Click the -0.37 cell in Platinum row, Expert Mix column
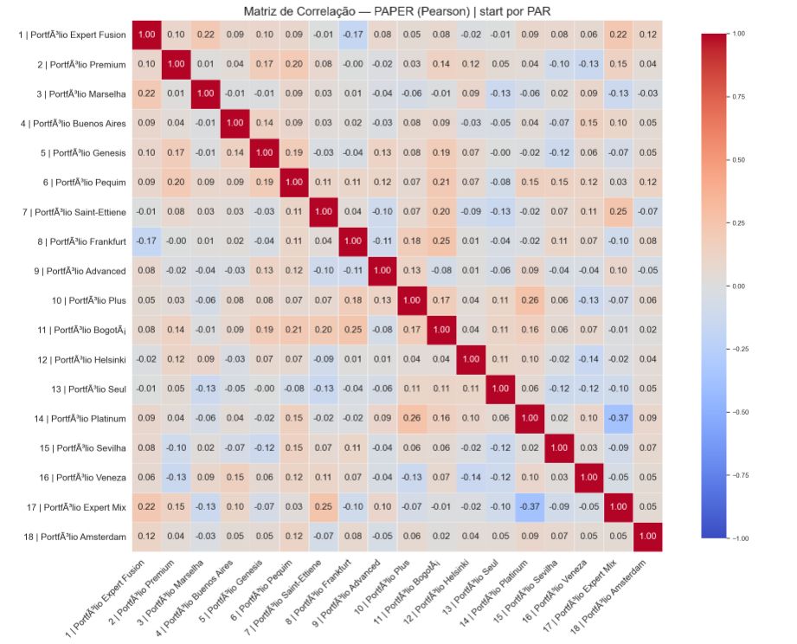click(x=618, y=419)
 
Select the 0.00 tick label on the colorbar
click(x=737, y=286)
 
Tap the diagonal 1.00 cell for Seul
click(x=500, y=390)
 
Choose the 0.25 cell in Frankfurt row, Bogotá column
click(x=441, y=241)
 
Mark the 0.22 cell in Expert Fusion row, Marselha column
click(x=205, y=35)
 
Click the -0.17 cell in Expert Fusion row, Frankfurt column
click(x=353, y=35)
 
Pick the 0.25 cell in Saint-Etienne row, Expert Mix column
click(x=618, y=212)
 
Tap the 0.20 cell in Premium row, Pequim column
click(x=293, y=64)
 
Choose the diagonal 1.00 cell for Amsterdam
click(x=648, y=537)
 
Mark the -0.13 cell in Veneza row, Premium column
click(x=176, y=478)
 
